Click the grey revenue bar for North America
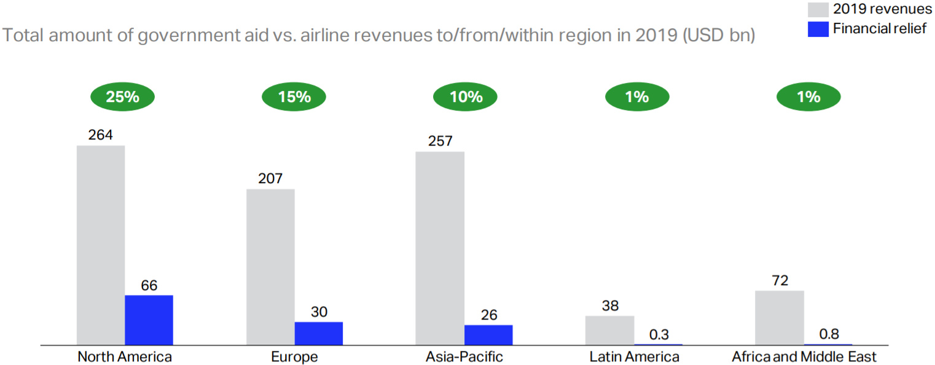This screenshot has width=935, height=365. pyautogui.click(x=101, y=245)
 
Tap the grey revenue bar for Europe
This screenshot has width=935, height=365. pyautogui.click(x=270, y=267)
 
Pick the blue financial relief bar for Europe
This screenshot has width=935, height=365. pyautogui.click(x=318, y=333)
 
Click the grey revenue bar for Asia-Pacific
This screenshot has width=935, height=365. pyautogui.click(x=440, y=248)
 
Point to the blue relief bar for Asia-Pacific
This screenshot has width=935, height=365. pyautogui.click(x=488, y=335)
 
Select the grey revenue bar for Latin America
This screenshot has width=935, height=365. pyautogui.click(x=609, y=330)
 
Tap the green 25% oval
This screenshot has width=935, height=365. pyautogui.click(x=122, y=96)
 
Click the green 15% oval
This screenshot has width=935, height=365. pyautogui.click(x=294, y=96)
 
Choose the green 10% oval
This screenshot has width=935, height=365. pyautogui.click(x=466, y=96)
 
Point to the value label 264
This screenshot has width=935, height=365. pyautogui.click(x=100, y=135)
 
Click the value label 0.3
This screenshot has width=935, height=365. pyautogui.click(x=659, y=334)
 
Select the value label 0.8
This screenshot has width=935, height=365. pyautogui.click(x=829, y=334)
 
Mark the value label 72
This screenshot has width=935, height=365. pyautogui.click(x=779, y=280)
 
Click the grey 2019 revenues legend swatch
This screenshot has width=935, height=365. pyautogui.click(x=818, y=9)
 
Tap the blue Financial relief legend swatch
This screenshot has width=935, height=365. pyautogui.click(x=818, y=28)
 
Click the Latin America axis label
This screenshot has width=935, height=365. pyautogui.click(x=634, y=356)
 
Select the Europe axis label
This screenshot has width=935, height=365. pyautogui.click(x=294, y=356)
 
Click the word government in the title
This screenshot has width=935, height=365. pyautogui.click(x=184, y=36)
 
